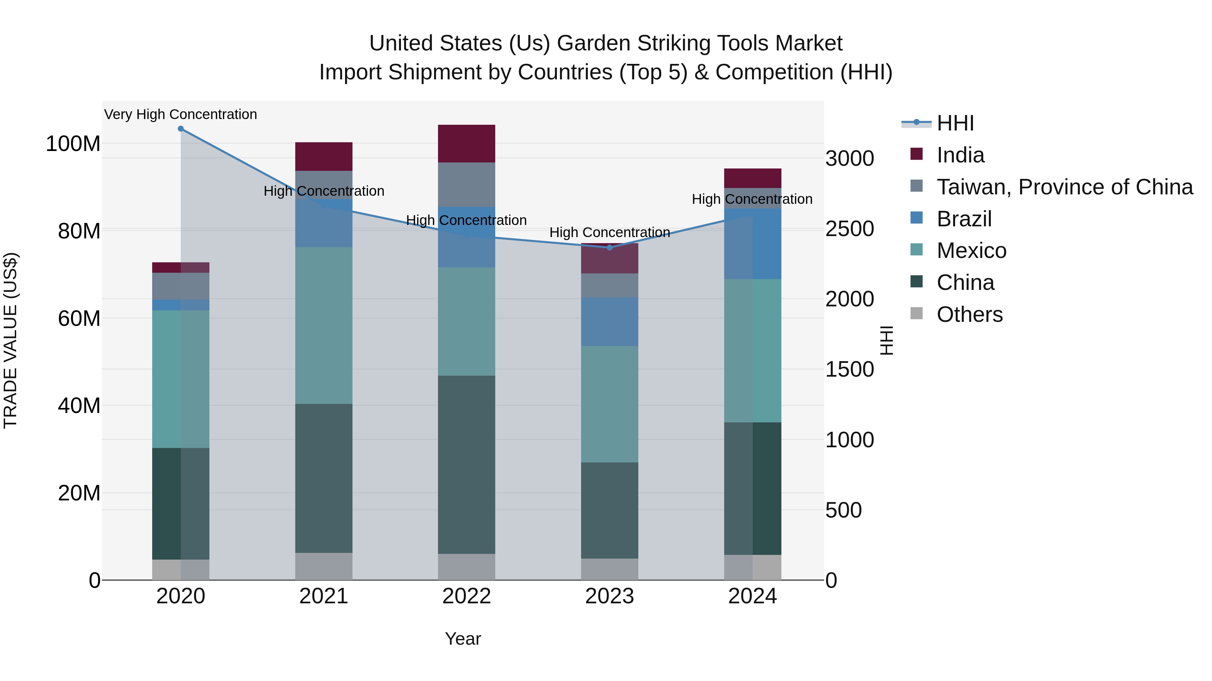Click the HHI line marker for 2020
(181, 129)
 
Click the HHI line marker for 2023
(609, 247)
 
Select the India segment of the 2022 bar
(466, 143)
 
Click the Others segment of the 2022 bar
(466, 566)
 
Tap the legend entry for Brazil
(964, 219)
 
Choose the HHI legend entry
(955, 123)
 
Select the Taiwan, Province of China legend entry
(1064, 187)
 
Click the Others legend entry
(969, 314)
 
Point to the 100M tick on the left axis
(73, 144)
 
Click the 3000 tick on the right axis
(850, 158)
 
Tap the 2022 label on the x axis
(466, 596)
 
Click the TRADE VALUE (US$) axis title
(10, 340)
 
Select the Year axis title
(463, 639)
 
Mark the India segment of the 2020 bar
(181, 267)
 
